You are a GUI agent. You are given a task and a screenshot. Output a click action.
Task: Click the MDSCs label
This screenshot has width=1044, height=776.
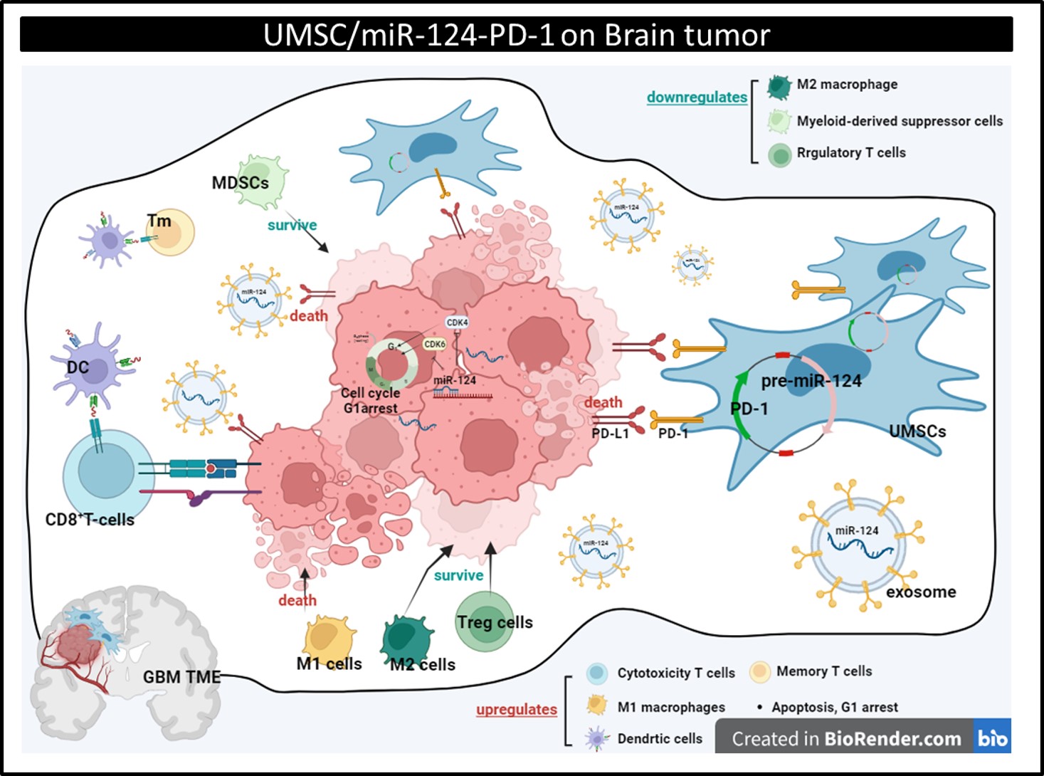(x=240, y=183)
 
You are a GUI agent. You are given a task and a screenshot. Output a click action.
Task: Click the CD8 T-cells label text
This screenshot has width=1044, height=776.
(x=90, y=520)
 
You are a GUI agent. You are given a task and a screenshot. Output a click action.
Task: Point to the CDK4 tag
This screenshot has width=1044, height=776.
(x=457, y=323)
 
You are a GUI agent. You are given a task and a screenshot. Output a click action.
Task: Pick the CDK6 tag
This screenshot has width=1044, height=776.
(x=434, y=344)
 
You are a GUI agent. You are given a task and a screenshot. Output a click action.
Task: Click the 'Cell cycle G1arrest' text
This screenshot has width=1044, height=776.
(x=370, y=400)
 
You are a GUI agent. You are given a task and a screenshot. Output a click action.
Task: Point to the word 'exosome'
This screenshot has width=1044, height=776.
(x=921, y=592)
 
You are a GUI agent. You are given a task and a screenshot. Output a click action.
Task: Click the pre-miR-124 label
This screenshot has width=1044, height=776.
(x=811, y=381)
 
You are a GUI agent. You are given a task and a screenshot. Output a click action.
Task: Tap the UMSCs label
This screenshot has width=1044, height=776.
(x=917, y=431)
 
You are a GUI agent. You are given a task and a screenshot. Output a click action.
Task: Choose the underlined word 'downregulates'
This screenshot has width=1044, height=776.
(x=697, y=98)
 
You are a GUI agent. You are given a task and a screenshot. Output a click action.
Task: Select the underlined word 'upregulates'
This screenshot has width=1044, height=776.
(x=517, y=710)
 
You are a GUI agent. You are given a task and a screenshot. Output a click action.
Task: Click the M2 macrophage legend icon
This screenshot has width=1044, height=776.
(x=779, y=86)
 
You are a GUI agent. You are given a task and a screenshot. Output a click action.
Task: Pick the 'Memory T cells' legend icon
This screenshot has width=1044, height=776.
(x=760, y=671)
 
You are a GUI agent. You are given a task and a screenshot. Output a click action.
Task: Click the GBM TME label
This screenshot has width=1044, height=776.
(x=181, y=677)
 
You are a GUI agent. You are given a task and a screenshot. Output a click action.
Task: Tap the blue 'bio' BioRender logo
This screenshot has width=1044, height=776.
(x=992, y=738)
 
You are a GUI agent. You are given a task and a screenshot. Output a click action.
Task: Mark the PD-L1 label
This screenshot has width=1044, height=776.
(x=610, y=434)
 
